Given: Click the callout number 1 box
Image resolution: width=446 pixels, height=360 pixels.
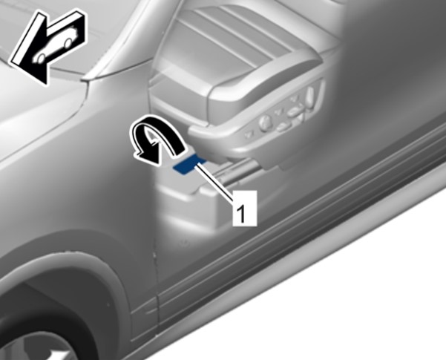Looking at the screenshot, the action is (245, 208).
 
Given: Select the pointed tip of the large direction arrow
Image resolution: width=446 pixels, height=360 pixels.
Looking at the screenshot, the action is (45, 85).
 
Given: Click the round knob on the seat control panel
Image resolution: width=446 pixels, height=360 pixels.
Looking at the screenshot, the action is (266, 122).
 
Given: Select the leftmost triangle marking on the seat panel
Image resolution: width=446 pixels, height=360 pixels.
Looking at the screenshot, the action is (248, 134).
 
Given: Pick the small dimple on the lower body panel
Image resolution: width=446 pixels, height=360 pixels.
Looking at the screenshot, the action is (184, 242).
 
